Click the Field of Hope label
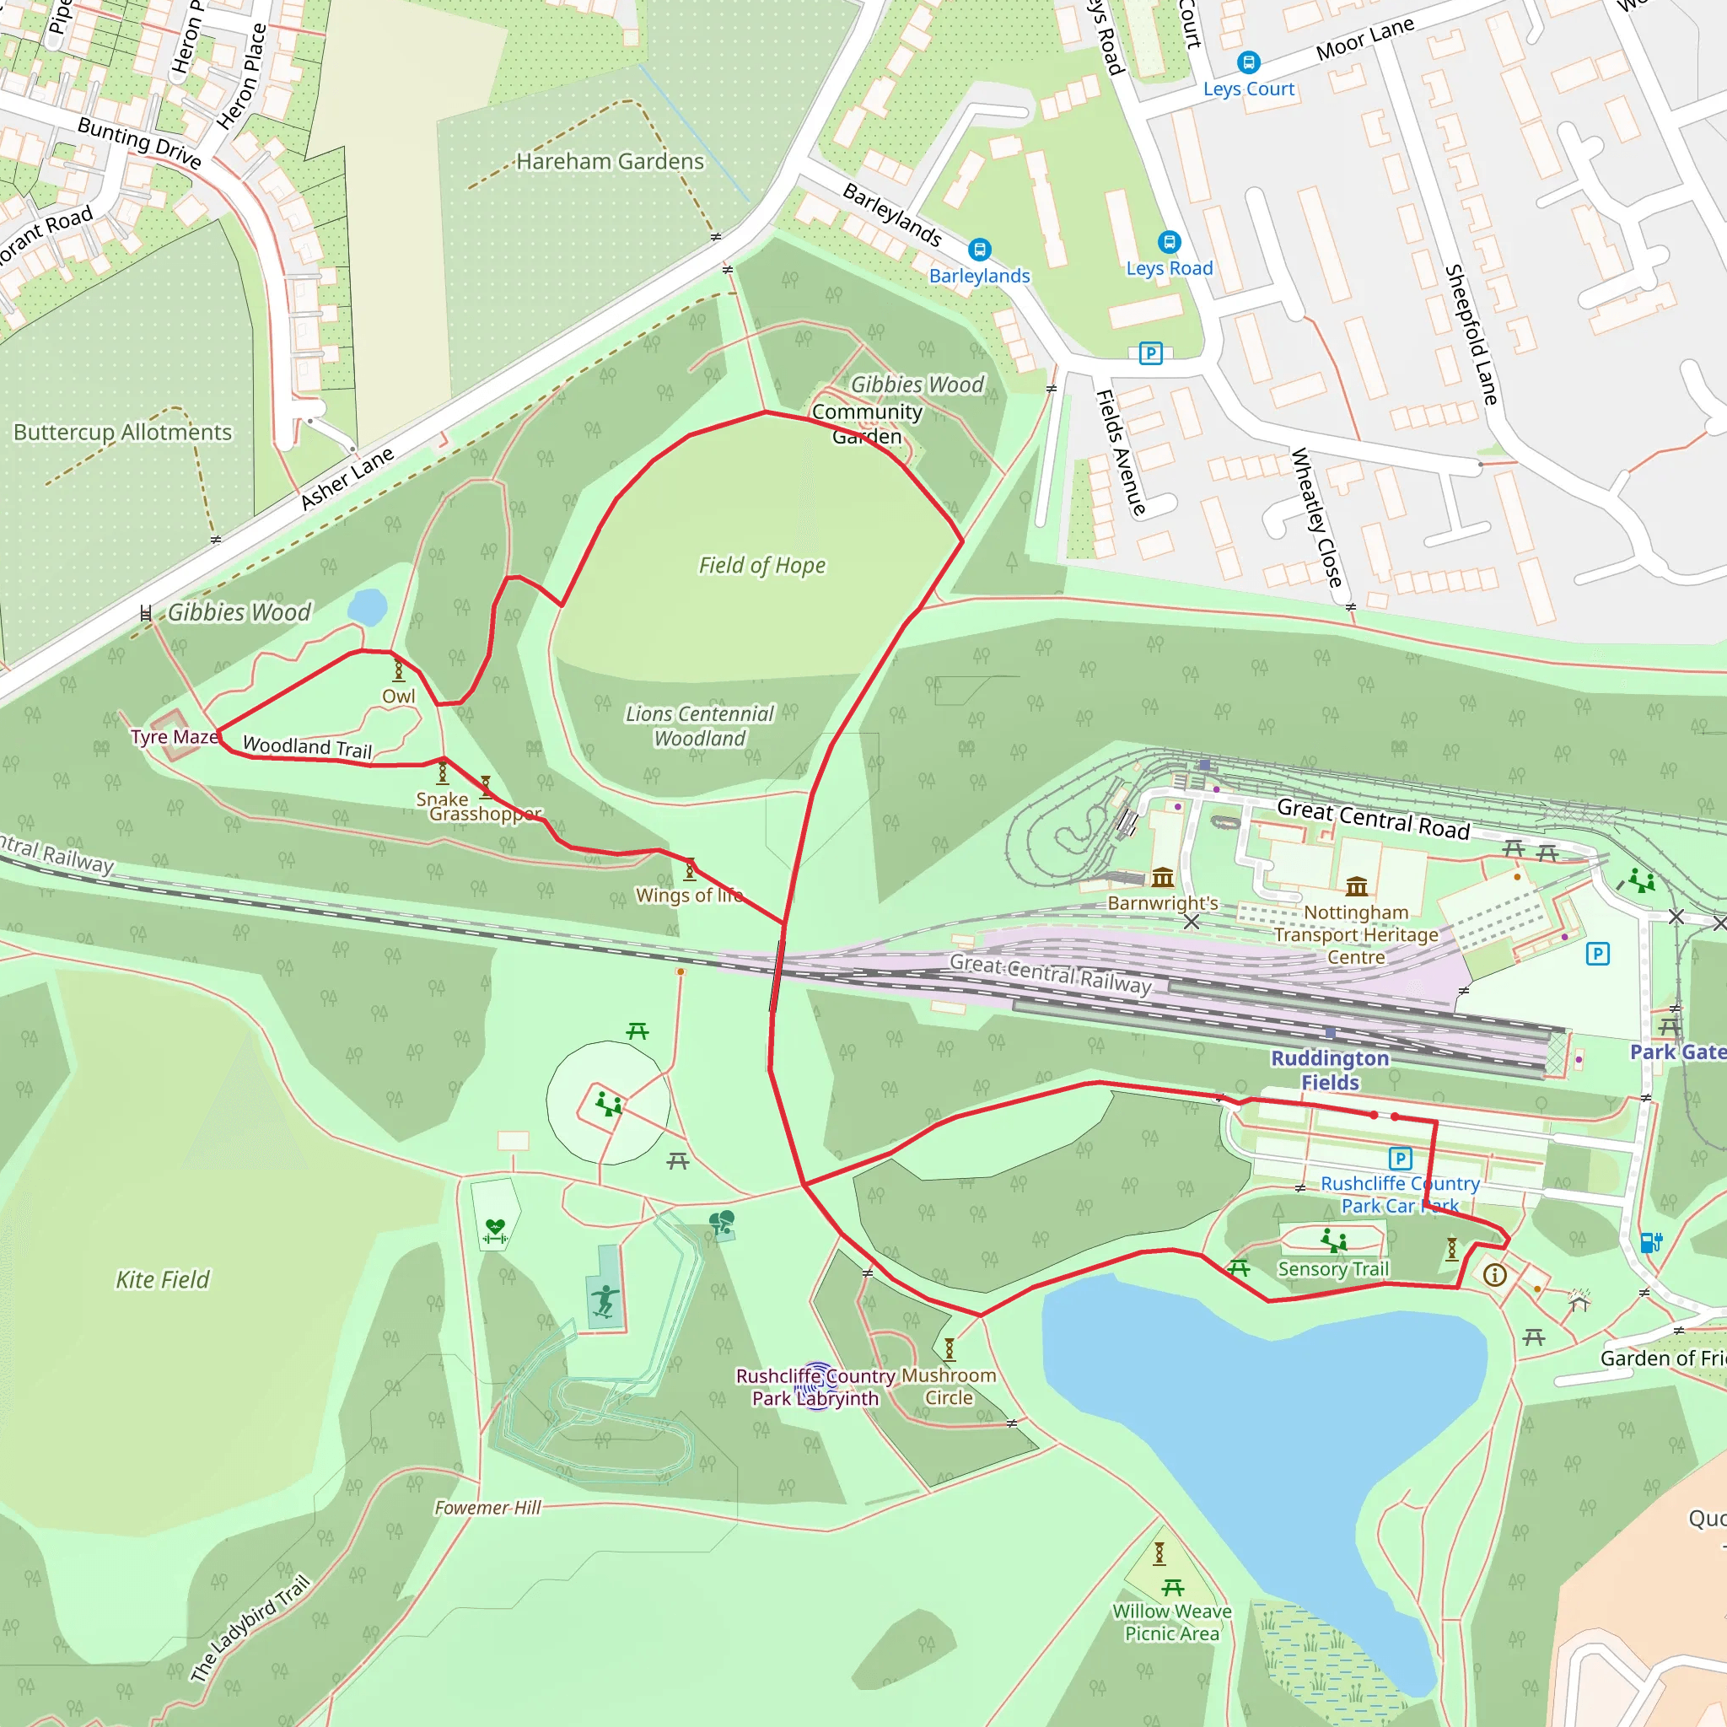[x=761, y=565]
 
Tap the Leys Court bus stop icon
[x=1248, y=62]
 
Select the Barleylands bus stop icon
[x=979, y=250]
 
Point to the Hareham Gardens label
[x=610, y=162]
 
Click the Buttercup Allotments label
[x=122, y=433]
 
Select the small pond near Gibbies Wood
[x=367, y=608]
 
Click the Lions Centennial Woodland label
[x=699, y=726]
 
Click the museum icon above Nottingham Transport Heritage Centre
[x=1356, y=886]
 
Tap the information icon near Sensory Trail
[x=1494, y=1275]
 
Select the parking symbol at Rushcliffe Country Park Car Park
[x=1400, y=1159]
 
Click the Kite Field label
[x=162, y=1280]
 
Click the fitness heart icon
[x=494, y=1231]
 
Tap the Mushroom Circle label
[x=949, y=1386]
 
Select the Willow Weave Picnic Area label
[x=1171, y=1622]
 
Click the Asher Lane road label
[x=347, y=478]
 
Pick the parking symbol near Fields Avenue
[x=1150, y=353]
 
